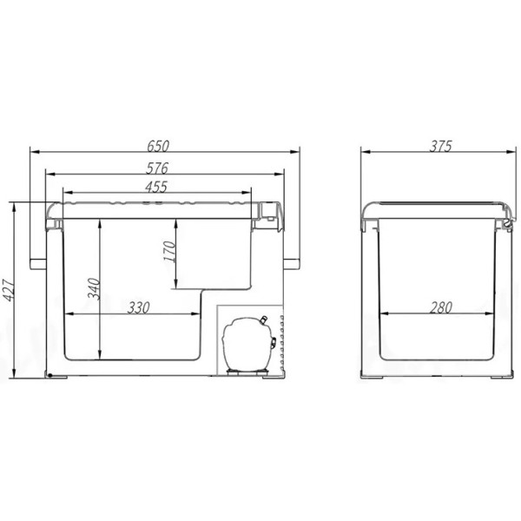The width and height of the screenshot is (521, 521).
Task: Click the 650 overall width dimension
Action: point(158,146)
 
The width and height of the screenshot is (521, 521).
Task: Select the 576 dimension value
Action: point(157,168)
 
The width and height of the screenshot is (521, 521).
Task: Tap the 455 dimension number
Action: point(156,188)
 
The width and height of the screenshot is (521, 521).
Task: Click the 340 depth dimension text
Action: point(94,289)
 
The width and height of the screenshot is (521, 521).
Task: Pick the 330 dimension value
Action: point(139,307)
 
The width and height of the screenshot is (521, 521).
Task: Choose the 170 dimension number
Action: point(170,252)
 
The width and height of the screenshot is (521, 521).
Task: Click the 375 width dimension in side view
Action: point(440,146)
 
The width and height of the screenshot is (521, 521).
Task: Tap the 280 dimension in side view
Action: point(440,307)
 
